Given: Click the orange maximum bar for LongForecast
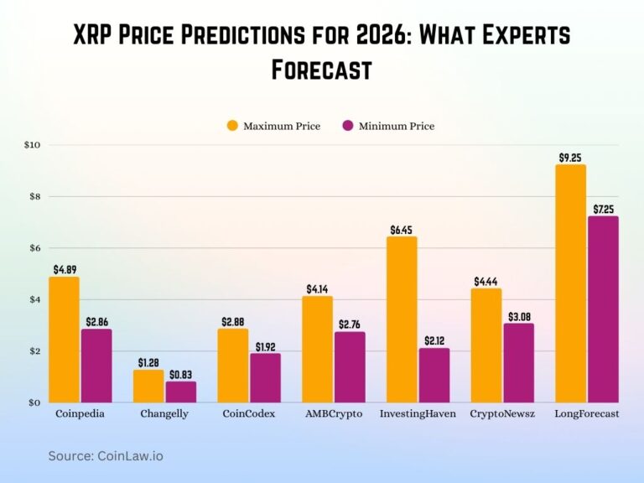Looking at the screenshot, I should (571, 283).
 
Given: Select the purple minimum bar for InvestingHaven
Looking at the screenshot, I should (434, 375).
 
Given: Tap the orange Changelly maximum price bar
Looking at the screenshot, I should (148, 386).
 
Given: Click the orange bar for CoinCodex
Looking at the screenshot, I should (233, 365).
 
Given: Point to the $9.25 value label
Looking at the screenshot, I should (571, 157).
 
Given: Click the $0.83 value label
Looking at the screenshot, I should (180, 374).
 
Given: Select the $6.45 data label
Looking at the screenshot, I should (402, 229).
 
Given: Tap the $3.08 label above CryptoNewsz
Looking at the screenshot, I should (519, 316).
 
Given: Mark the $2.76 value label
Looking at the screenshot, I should (350, 325).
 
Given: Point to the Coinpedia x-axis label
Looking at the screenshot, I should (80, 414).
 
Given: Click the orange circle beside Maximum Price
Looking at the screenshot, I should (232, 126).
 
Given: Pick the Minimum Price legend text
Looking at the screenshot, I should (397, 127).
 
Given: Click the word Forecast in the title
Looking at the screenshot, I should (321, 70).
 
